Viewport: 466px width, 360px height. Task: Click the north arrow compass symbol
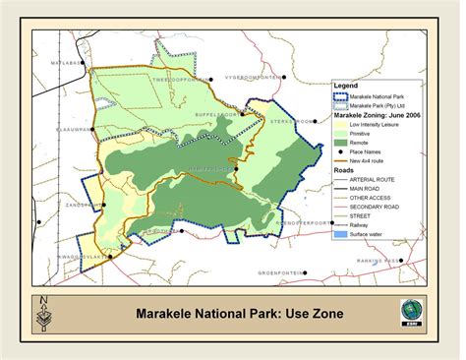(x=42, y=313)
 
